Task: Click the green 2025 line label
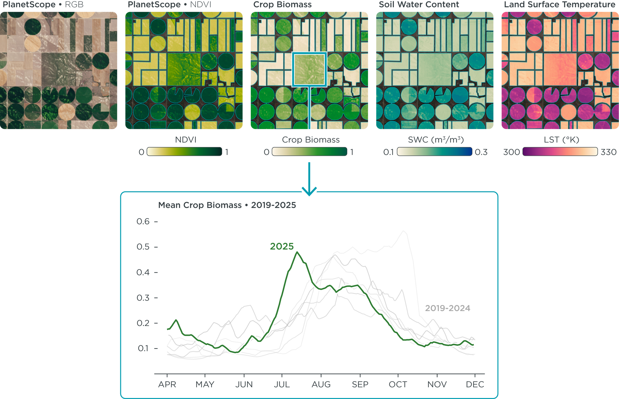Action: [282, 246]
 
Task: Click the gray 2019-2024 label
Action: [447, 308]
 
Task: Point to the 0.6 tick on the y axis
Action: [143, 221]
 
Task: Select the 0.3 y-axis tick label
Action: [143, 298]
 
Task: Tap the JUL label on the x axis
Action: [282, 385]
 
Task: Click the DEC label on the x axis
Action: [475, 385]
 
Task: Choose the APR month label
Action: [167, 385]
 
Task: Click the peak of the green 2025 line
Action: [297, 252]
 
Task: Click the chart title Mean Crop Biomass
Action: [227, 205]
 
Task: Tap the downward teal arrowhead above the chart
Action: [309, 191]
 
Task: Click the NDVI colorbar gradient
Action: [184, 152]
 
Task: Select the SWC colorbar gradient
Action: [434, 152]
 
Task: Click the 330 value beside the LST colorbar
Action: [608, 152]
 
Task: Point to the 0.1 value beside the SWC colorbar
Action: [388, 152]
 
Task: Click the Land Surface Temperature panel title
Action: [559, 5]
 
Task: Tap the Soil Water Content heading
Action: [419, 5]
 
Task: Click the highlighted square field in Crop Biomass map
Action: [309, 69]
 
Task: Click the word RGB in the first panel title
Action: [74, 5]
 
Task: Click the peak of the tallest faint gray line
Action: [403, 231]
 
